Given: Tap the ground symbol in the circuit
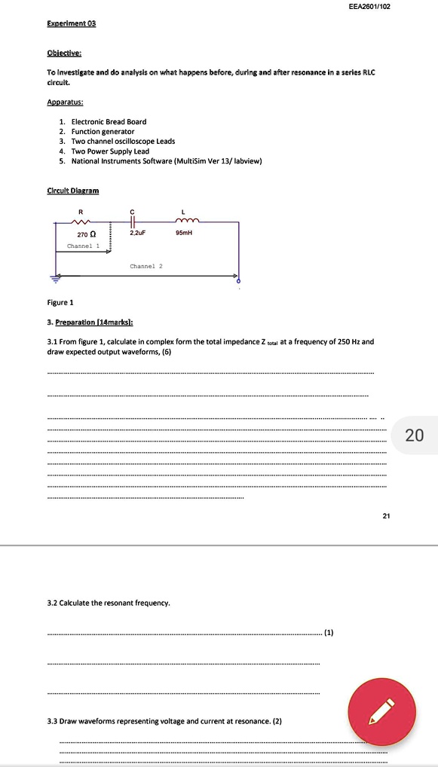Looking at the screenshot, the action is [54, 277].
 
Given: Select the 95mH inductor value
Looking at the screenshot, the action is [185, 234].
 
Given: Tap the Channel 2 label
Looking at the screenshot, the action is [146, 266].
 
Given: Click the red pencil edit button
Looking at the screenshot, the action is [381, 713].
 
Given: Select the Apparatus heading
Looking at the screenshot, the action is [65, 100].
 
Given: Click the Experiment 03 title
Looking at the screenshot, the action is [71, 23].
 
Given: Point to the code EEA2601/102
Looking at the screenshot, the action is [370, 6].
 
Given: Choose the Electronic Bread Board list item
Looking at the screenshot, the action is [109, 121].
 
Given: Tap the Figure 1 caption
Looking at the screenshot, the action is [60, 302].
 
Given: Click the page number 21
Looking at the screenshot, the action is [387, 517].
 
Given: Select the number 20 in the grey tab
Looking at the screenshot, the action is [414, 435].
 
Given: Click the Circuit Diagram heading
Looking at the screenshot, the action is [72, 191].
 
